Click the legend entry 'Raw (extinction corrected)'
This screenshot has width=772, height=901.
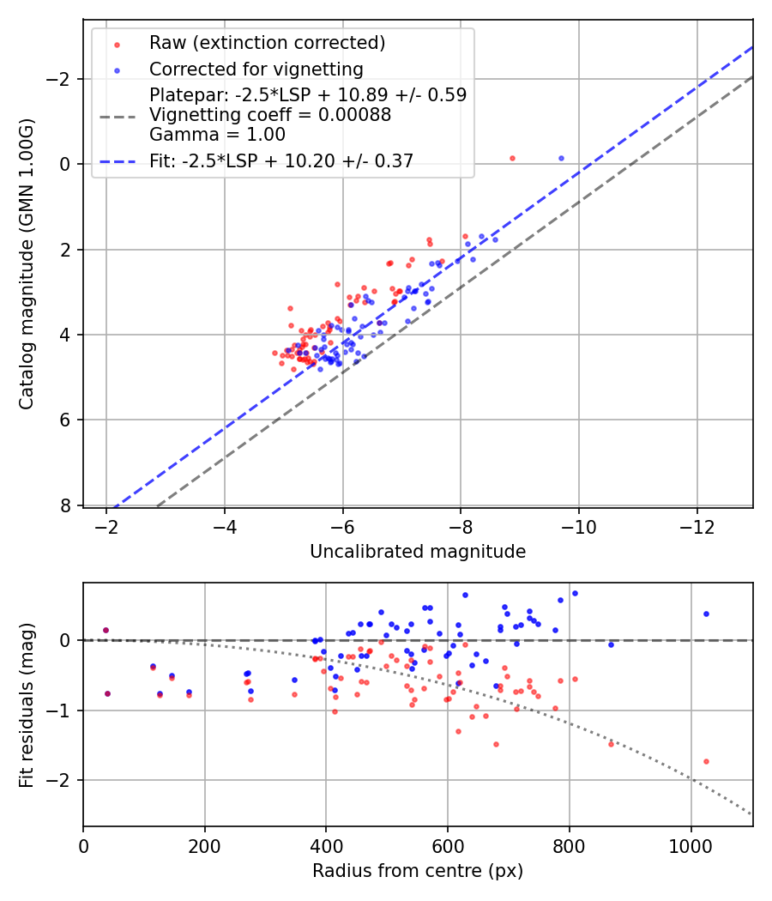(267, 43)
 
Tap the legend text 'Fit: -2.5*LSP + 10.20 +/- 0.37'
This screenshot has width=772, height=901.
(281, 160)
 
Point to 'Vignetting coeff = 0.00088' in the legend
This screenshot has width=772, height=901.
(270, 115)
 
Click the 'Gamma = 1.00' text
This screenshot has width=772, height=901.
(217, 135)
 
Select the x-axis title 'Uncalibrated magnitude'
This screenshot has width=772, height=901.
(418, 552)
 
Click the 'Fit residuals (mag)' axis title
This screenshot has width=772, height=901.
(27, 704)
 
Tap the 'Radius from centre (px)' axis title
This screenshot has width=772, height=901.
(418, 871)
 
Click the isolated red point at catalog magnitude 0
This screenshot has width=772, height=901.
(512, 158)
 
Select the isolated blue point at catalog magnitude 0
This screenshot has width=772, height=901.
(561, 158)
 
